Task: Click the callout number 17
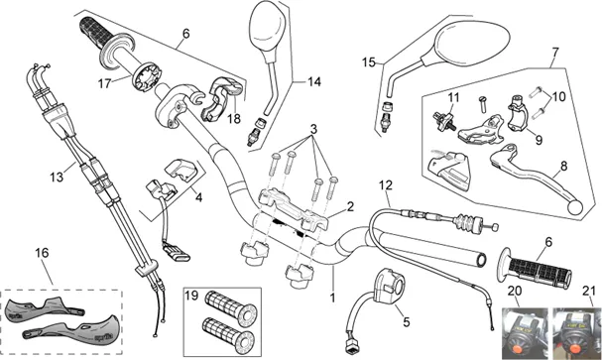pyautogui.click(x=104, y=83)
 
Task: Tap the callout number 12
pyautogui.click(x=386, y=185)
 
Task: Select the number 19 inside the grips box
pyautogui.click(x=191, y=296)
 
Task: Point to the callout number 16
pyautogui.click(x=42, y=253)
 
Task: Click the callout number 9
pyautogui.click(x=540, y=140)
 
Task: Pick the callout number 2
pyautogui.click(x=350, y=207)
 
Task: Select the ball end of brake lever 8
pyautogui.click(x=575, y=207)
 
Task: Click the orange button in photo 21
pyautogui.click(x=575, y=349)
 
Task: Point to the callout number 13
pyautogui.click(x=57, y=177)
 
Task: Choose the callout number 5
pyautogui.click(x=407, y=322)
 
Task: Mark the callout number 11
pyautogui.click(x=454, y=97)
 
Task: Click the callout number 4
pyautogui.click(x=198, y=197)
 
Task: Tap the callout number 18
pyautogui.click(x=234, y=119)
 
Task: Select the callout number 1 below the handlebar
pyautogui.click(x=332, y=298)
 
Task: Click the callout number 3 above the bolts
pyautogui.click(x=313, y=129)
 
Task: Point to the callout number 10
pyautogui.click(x=559, y=96)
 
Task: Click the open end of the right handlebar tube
pyautogui.click(x=481, y=260)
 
